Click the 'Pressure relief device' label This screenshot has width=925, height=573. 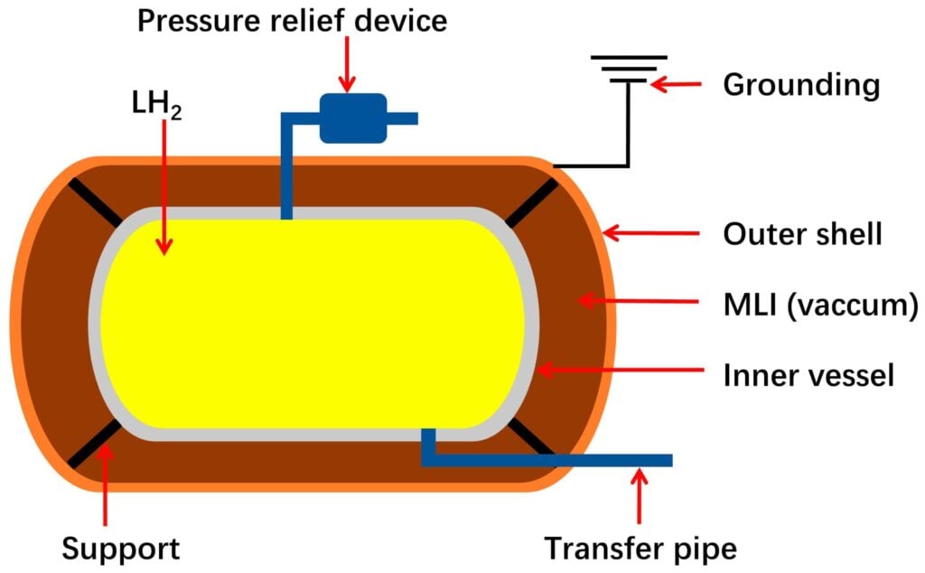point(292,21)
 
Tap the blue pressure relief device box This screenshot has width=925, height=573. point(353,118)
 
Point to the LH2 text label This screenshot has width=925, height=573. point(156,105)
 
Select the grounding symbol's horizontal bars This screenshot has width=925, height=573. point(629,69)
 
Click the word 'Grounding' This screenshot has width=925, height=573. point(801,85)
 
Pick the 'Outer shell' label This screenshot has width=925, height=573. point(802,234)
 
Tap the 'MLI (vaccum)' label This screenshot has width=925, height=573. point(820,305)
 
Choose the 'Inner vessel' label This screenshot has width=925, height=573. point(808,375)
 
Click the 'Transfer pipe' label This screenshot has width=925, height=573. point(640,549)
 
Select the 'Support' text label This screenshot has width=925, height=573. point(120,549)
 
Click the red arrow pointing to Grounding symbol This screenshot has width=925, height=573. point(676,84)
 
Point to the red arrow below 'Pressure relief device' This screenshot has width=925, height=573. point(347,64)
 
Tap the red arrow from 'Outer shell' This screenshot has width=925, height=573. point(650,233)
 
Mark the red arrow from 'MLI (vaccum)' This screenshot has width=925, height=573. point(638,301)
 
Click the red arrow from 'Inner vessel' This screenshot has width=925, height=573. point(621,371)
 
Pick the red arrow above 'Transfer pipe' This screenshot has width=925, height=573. point(639,495)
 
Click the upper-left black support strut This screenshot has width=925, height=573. point(95,202)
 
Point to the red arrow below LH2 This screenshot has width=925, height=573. point(164,183)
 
